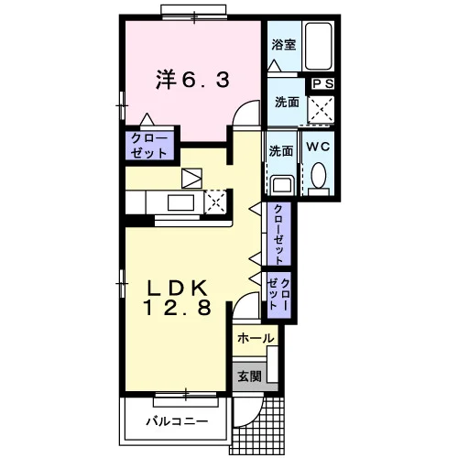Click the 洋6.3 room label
tap(192, 80)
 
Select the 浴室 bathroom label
tap(284, 45)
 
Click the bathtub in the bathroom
tap(319, 46)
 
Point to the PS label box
tap(323, 84)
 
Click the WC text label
tap(318, 147)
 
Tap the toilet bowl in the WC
tap(319, 175)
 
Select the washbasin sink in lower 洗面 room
tap(284, 185)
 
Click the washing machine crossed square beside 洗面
tap(321, 109)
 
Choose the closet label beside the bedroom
tap(149, 146)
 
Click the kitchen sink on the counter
tap(180, 202)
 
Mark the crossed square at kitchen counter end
tap(215, 202)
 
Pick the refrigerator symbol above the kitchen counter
tap(191, 179)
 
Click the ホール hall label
tap(256, 338)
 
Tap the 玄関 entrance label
tap(250, 376)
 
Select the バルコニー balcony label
tap(177, 421)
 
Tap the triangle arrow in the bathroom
tap(275, 65)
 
